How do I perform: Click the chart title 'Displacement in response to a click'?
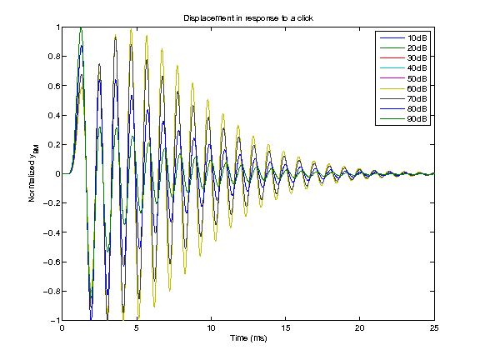click(247, 17)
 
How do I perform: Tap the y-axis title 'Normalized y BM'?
click(32, 174)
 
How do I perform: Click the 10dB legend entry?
click(417, 39)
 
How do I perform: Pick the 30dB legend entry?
click(417, 59)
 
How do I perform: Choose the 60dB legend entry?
click(417, 89)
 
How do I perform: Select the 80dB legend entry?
click(417, 109)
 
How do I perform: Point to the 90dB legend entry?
click(417, 119)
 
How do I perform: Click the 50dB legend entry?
click(417, 79)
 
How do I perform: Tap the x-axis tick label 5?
click(137, 328)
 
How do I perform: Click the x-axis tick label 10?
click(211, 328)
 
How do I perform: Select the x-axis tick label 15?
click(285, 328)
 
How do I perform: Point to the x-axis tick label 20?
click(359, 328)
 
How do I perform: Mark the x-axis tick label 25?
click(433, 328)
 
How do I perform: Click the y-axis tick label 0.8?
click(53, 57)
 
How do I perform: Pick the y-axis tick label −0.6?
click(51, 262)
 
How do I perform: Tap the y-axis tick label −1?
click(54, 320)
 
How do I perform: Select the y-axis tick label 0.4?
click(53, 115)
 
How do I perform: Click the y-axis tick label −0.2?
click(51, 203)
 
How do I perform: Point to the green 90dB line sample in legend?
click(392, 119)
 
